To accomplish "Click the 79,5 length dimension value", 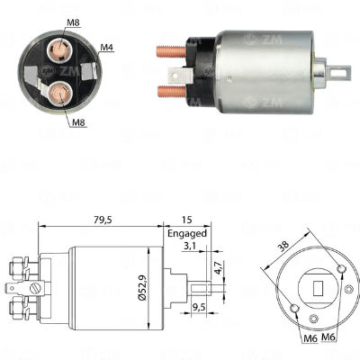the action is click(103, 220).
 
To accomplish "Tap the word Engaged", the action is click(187, 233).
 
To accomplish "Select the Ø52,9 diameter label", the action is click(142, 288).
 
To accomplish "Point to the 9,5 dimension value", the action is click(198, 308).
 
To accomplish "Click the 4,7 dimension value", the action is click(218, 267).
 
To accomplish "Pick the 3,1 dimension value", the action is click(189, 247).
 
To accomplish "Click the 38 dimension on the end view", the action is click(283, 245).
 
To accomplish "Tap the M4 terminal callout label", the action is click(107, 47).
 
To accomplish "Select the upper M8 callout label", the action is click(74, 22).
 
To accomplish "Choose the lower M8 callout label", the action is click(79, 122).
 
